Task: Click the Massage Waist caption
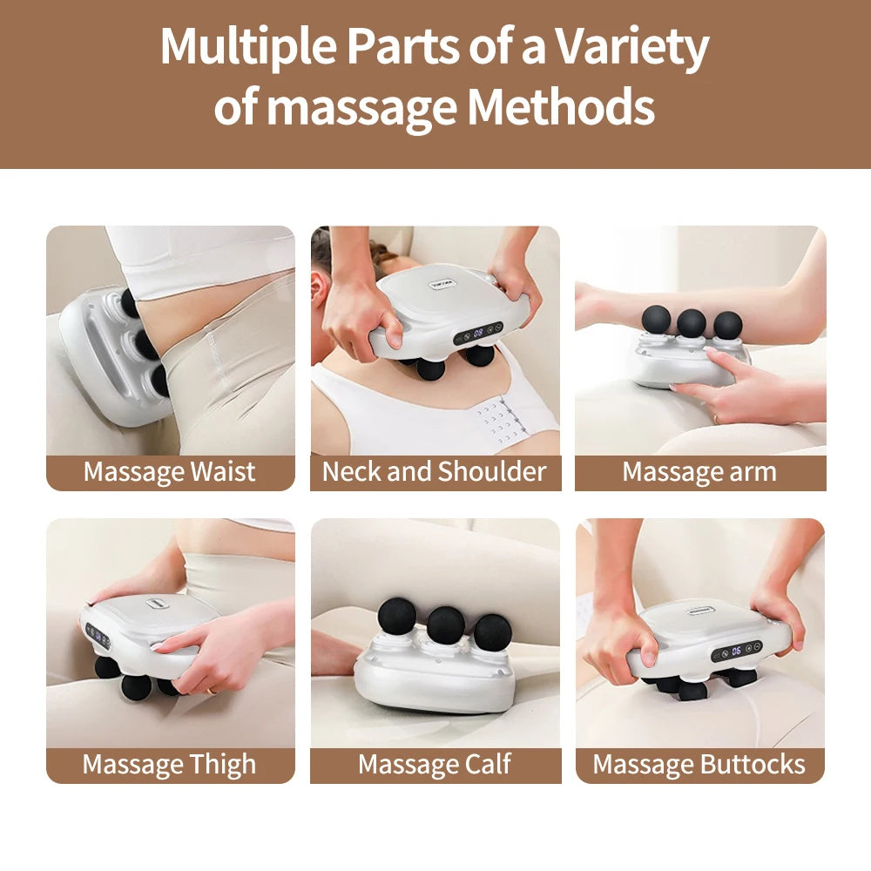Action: (x=170, y=472)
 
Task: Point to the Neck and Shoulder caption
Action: (x=435, y=472)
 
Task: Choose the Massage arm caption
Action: (x=699, y=472)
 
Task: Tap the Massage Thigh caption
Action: (x=170, y=765)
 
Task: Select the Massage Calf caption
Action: (x=435, y=765)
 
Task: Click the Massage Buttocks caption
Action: (x=699, y=765)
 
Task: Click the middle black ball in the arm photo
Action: (x=692, y=322)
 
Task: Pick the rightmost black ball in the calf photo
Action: (x=493, y=631)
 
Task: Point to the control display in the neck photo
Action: (x=478, y=332)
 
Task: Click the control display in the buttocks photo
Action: (x=737, y=651)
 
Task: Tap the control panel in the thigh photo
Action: (x=98, y=637)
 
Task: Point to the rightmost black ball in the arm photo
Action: (x=727, y=324)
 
